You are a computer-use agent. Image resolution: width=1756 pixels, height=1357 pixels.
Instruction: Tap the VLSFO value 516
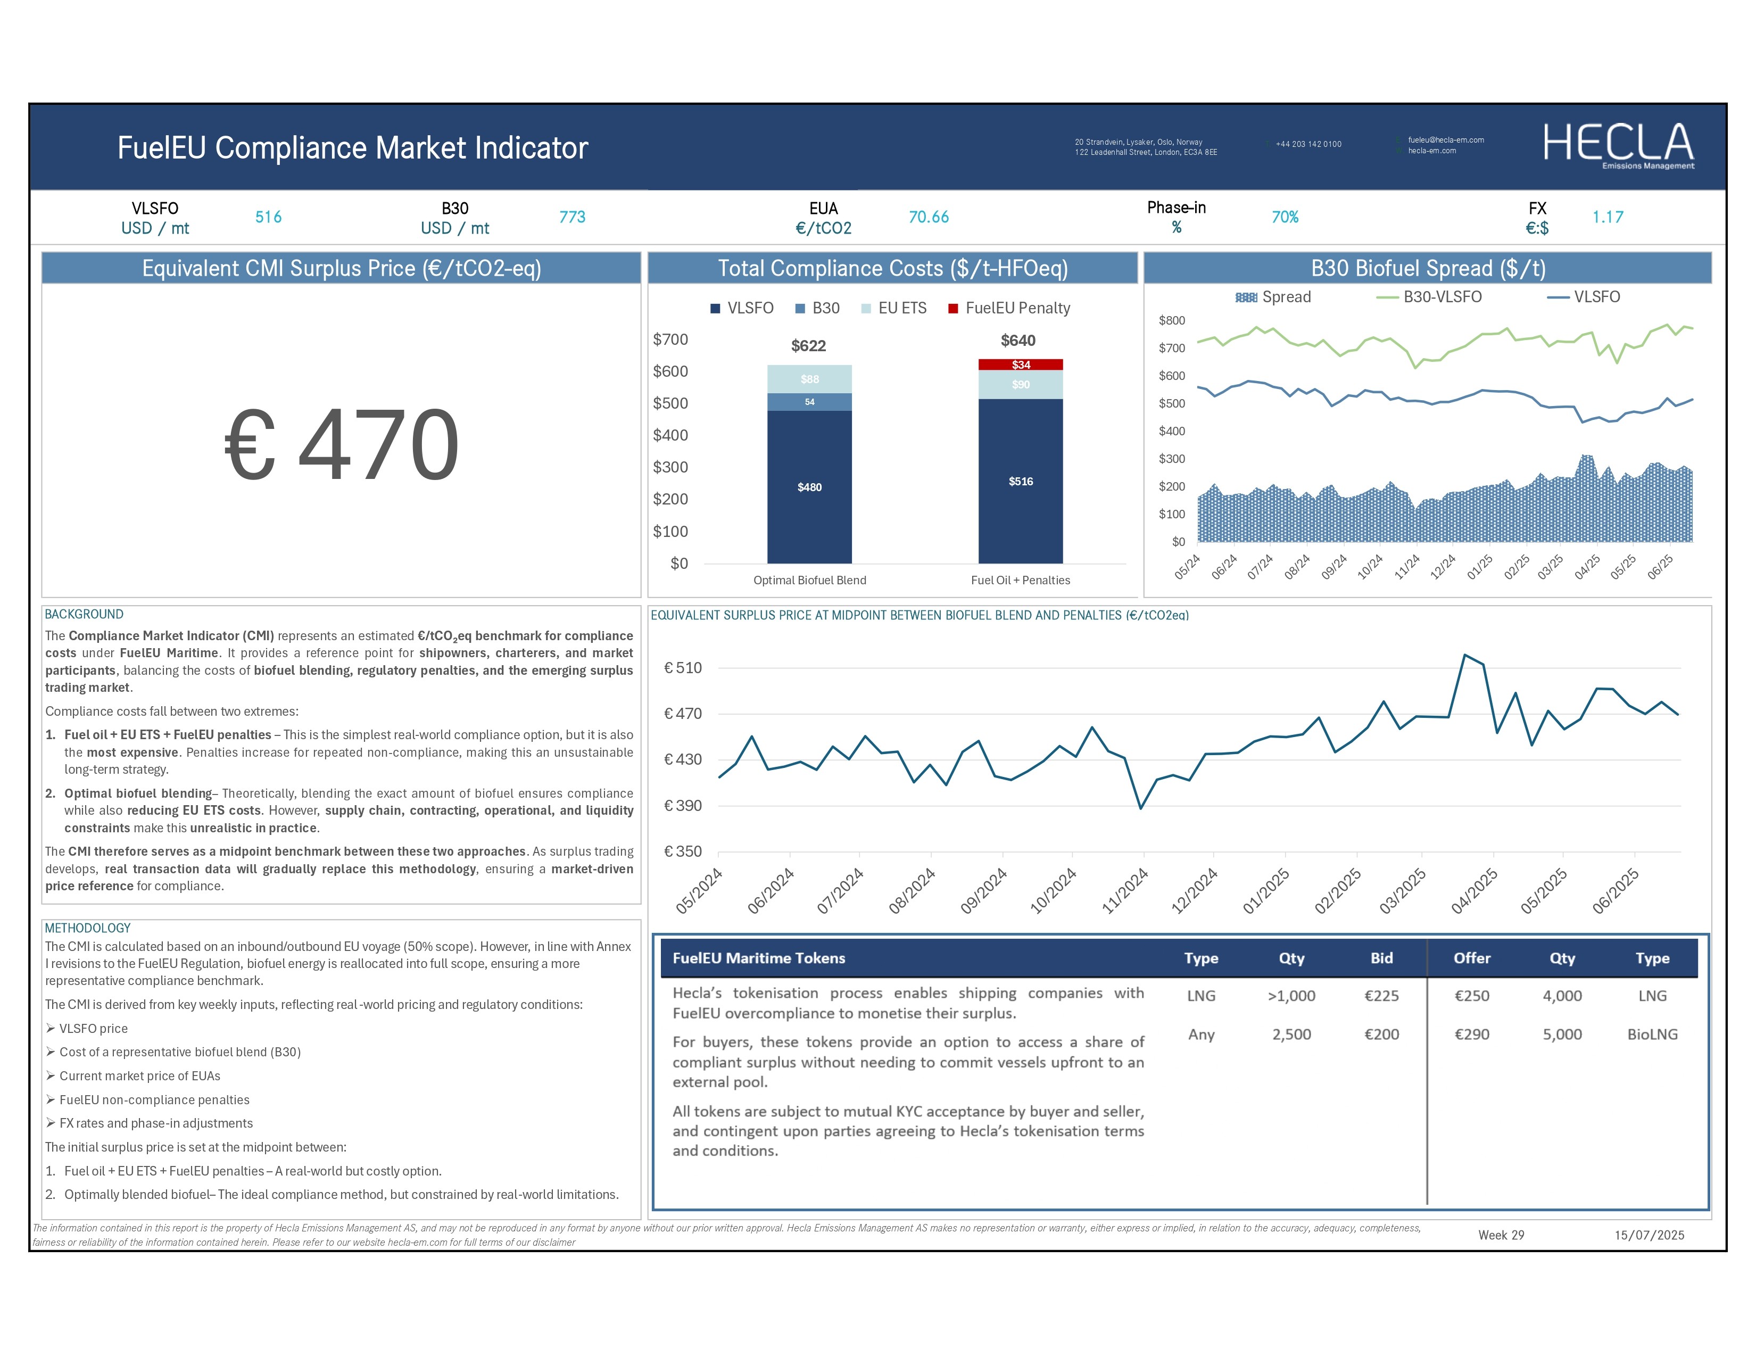click(269, 217)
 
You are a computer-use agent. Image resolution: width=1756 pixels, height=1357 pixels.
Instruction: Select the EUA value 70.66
click(929, 217)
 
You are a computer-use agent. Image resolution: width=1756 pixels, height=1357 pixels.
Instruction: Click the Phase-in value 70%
click(1285, 217)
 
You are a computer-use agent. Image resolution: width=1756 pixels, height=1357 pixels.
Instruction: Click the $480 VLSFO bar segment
click(810, 487)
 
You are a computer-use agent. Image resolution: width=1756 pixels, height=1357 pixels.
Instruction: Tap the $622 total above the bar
click(808, 346)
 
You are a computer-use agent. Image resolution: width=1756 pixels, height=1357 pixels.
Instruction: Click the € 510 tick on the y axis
click(683, 668)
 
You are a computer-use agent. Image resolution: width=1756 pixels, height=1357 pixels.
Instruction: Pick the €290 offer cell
click(1471, 1034)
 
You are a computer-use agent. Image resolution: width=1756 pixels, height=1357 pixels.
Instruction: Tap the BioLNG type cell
click(1652, 1034)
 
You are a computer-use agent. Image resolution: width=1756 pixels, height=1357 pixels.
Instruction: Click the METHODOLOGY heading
click(88, 928)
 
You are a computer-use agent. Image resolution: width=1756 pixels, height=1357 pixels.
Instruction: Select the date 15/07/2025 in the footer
click(1649, 1235)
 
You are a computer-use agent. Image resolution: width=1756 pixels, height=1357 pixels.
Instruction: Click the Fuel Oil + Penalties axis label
click(1020, 581)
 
